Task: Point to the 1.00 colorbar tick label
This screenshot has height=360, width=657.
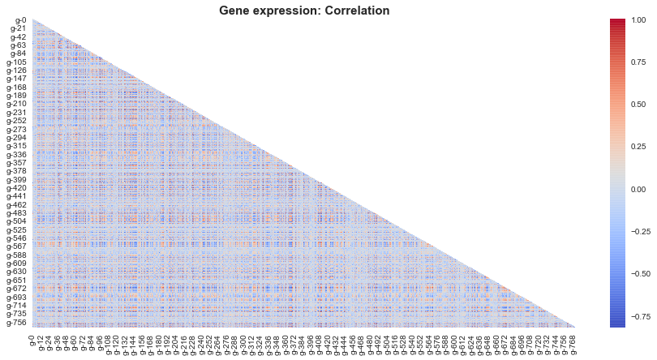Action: (x=638, y=20)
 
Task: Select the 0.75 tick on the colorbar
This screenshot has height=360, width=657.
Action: (x=638, y=62)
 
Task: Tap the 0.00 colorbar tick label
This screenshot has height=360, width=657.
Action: (x=638, y=190)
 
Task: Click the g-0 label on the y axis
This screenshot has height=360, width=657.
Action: (x=20, y=20)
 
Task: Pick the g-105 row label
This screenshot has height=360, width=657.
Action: (x=17, y=62)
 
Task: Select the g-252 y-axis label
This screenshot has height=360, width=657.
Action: (x=17, y=121)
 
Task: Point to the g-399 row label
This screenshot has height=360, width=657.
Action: (x=17, y=180)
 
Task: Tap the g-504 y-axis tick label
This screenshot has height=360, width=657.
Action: (x=17, y=221)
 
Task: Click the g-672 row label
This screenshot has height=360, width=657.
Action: (x=17, y=289)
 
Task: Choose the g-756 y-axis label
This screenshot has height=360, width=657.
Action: (x=17, y=323)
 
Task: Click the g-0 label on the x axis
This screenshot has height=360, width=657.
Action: (x=31, y=341)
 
